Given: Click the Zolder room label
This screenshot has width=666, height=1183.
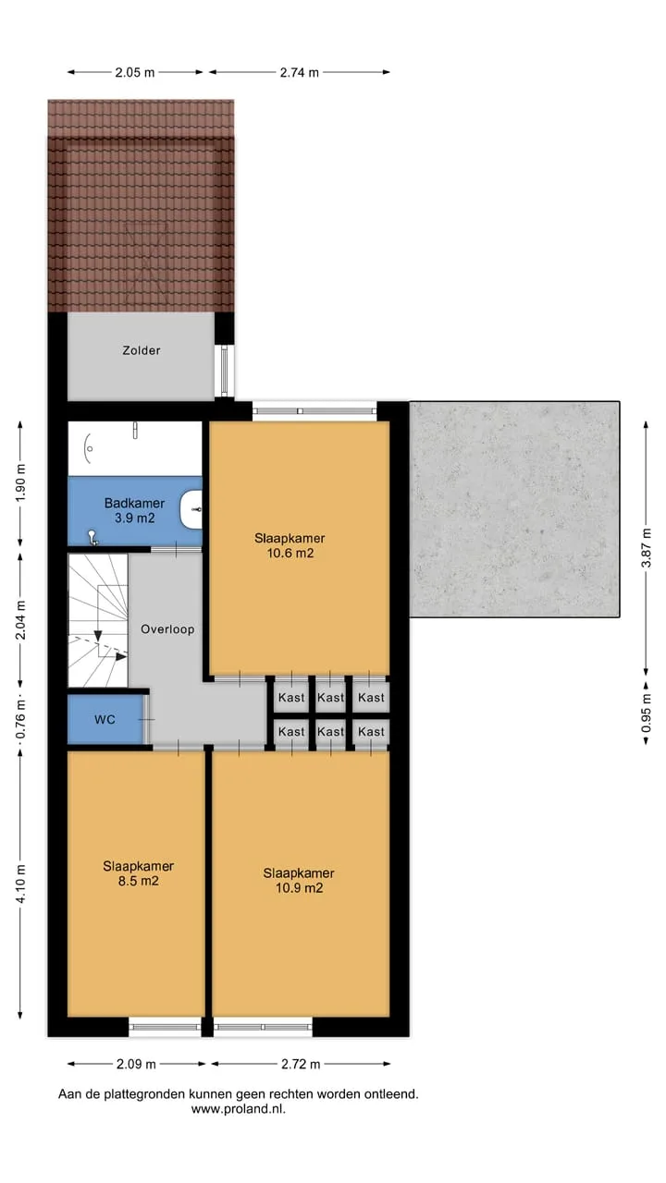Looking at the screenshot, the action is [x=142, y=350].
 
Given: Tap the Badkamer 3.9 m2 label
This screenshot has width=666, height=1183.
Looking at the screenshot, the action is [x=134, y=511].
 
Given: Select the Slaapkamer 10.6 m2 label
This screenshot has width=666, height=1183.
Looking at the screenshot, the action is [x=290, y=545].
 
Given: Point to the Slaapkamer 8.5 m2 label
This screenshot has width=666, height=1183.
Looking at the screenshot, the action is [x=139, y=873].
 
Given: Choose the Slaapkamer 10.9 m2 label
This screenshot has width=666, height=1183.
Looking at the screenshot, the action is [x=299, y=881].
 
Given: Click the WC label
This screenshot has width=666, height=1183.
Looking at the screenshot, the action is [x=105, y=719].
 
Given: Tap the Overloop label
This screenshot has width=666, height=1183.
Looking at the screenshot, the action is [x=167, y=629].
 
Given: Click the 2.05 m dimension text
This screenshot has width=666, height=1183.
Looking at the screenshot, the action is [x=135, y=72].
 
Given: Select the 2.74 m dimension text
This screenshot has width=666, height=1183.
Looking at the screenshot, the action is [x=299, y=72].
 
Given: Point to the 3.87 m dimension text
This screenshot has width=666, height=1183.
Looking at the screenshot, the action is [x=646, y=548].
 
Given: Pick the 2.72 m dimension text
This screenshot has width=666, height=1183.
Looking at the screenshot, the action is [x=301, y=1064].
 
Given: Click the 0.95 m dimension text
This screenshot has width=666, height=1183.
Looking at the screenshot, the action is [x=646, y=713].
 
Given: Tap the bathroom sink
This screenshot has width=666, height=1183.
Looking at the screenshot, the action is [x=191, y=509].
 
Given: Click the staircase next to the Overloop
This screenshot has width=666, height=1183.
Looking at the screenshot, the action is [x=98, y=620].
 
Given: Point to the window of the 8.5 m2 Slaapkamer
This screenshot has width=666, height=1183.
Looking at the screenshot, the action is [x=165, y=1027].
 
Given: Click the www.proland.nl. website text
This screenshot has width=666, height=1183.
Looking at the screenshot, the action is [x=239, y=1108].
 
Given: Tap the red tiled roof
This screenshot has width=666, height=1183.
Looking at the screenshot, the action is [x=141, y=206].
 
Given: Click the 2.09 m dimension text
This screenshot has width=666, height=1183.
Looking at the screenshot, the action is [x=136, y=1064].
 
